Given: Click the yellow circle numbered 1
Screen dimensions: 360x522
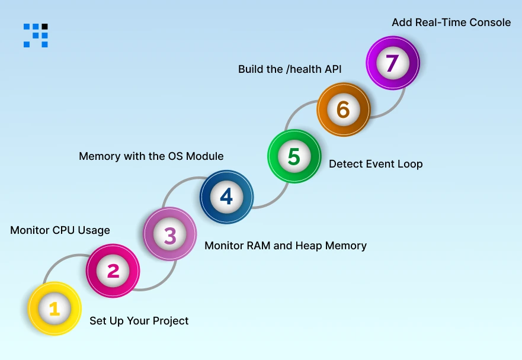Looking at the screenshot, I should click(55, 308).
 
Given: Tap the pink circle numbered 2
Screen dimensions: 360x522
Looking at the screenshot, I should click(113, 271).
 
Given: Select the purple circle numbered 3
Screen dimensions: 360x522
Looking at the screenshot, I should click(170, 235).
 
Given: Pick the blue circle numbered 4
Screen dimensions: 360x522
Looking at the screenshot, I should click(226, 197).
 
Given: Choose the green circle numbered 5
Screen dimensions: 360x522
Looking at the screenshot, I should click(294, 157).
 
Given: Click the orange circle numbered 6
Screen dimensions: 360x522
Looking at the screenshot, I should click(343, 110).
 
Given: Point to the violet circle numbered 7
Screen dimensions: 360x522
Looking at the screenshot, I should click(392, 63).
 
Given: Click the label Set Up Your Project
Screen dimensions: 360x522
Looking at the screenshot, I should click(139, 321).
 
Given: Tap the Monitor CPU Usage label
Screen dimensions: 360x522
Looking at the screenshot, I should click(60, 230).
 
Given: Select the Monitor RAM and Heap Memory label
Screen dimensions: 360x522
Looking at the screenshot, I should click(286, 245).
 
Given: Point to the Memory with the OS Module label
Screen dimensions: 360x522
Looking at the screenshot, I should click(151, 156).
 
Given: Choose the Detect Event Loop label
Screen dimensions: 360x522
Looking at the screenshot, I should click(376, 164).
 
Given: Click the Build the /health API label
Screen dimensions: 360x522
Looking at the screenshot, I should click(290, 69).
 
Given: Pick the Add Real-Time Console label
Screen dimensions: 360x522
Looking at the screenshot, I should click(451, 22).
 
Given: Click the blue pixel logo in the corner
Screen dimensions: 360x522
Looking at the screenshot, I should click(36, 35).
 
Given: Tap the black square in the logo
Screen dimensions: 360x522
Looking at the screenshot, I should click(45, 27).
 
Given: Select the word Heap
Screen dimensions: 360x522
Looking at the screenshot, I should click(310, 245).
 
